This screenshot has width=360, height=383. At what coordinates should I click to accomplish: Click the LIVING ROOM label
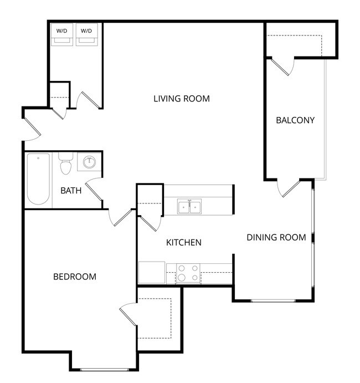[182, 99]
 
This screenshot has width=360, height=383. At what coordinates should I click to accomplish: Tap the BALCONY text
[295, 120]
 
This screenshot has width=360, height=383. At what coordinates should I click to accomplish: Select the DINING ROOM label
[276, 237]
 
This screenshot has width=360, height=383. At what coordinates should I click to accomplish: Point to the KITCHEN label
[183, 242]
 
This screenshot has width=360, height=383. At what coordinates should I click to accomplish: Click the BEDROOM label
[74, 277]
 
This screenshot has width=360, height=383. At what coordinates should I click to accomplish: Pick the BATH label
[71, 191]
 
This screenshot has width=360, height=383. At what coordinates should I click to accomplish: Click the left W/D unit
[61, 34]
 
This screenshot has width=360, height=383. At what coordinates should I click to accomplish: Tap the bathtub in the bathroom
[38, 180]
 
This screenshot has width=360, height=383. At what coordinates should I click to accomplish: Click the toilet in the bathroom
[66, 164]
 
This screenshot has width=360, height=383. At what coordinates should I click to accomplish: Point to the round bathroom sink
[89, 162]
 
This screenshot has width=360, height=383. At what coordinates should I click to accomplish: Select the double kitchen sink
[189, 207]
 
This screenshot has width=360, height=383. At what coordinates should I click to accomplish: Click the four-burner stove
[188, 274]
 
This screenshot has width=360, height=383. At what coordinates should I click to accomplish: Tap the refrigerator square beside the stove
[152, 273]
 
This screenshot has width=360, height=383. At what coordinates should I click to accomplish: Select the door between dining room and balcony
[289, 188]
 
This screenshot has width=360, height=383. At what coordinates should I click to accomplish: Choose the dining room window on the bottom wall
[273, 300]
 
